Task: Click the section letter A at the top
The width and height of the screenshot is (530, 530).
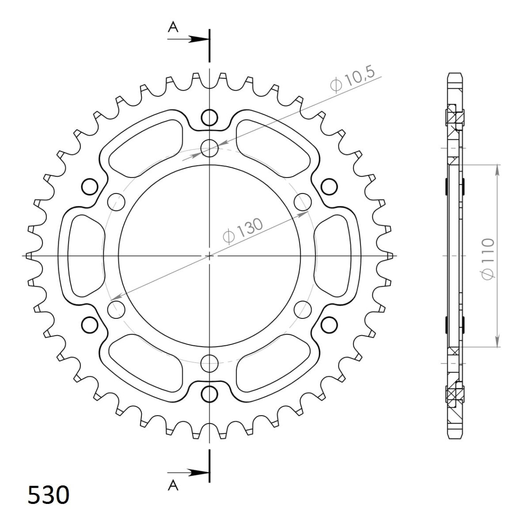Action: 173,28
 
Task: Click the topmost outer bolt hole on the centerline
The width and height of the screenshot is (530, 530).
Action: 210,117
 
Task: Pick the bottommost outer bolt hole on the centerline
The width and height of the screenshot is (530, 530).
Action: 210,394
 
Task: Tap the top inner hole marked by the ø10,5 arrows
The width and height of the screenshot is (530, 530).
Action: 209,148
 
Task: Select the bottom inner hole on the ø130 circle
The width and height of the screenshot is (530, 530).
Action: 209,363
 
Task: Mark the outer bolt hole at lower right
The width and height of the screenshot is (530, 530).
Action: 329,325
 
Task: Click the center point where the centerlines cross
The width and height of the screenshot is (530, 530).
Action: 209,256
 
